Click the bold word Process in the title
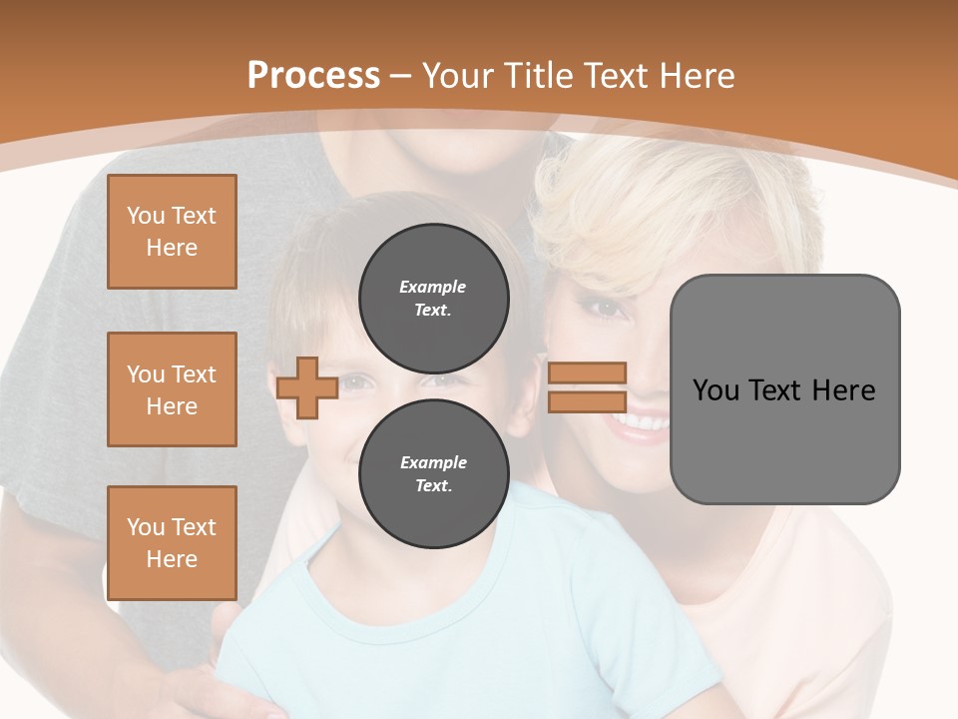tap(313, 75)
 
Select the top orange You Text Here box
tap(172, 232)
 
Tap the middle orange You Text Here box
tap(172, 389)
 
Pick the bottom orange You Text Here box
tap(172, 542)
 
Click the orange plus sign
tap(306, 388)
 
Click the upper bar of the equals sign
tap(587, 373)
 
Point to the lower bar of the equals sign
tap(587, 401)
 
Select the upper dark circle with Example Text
tap(433, 298)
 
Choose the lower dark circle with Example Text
tap(433, 473)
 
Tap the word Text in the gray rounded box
tap(783, 390)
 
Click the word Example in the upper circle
tap(432, 287)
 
